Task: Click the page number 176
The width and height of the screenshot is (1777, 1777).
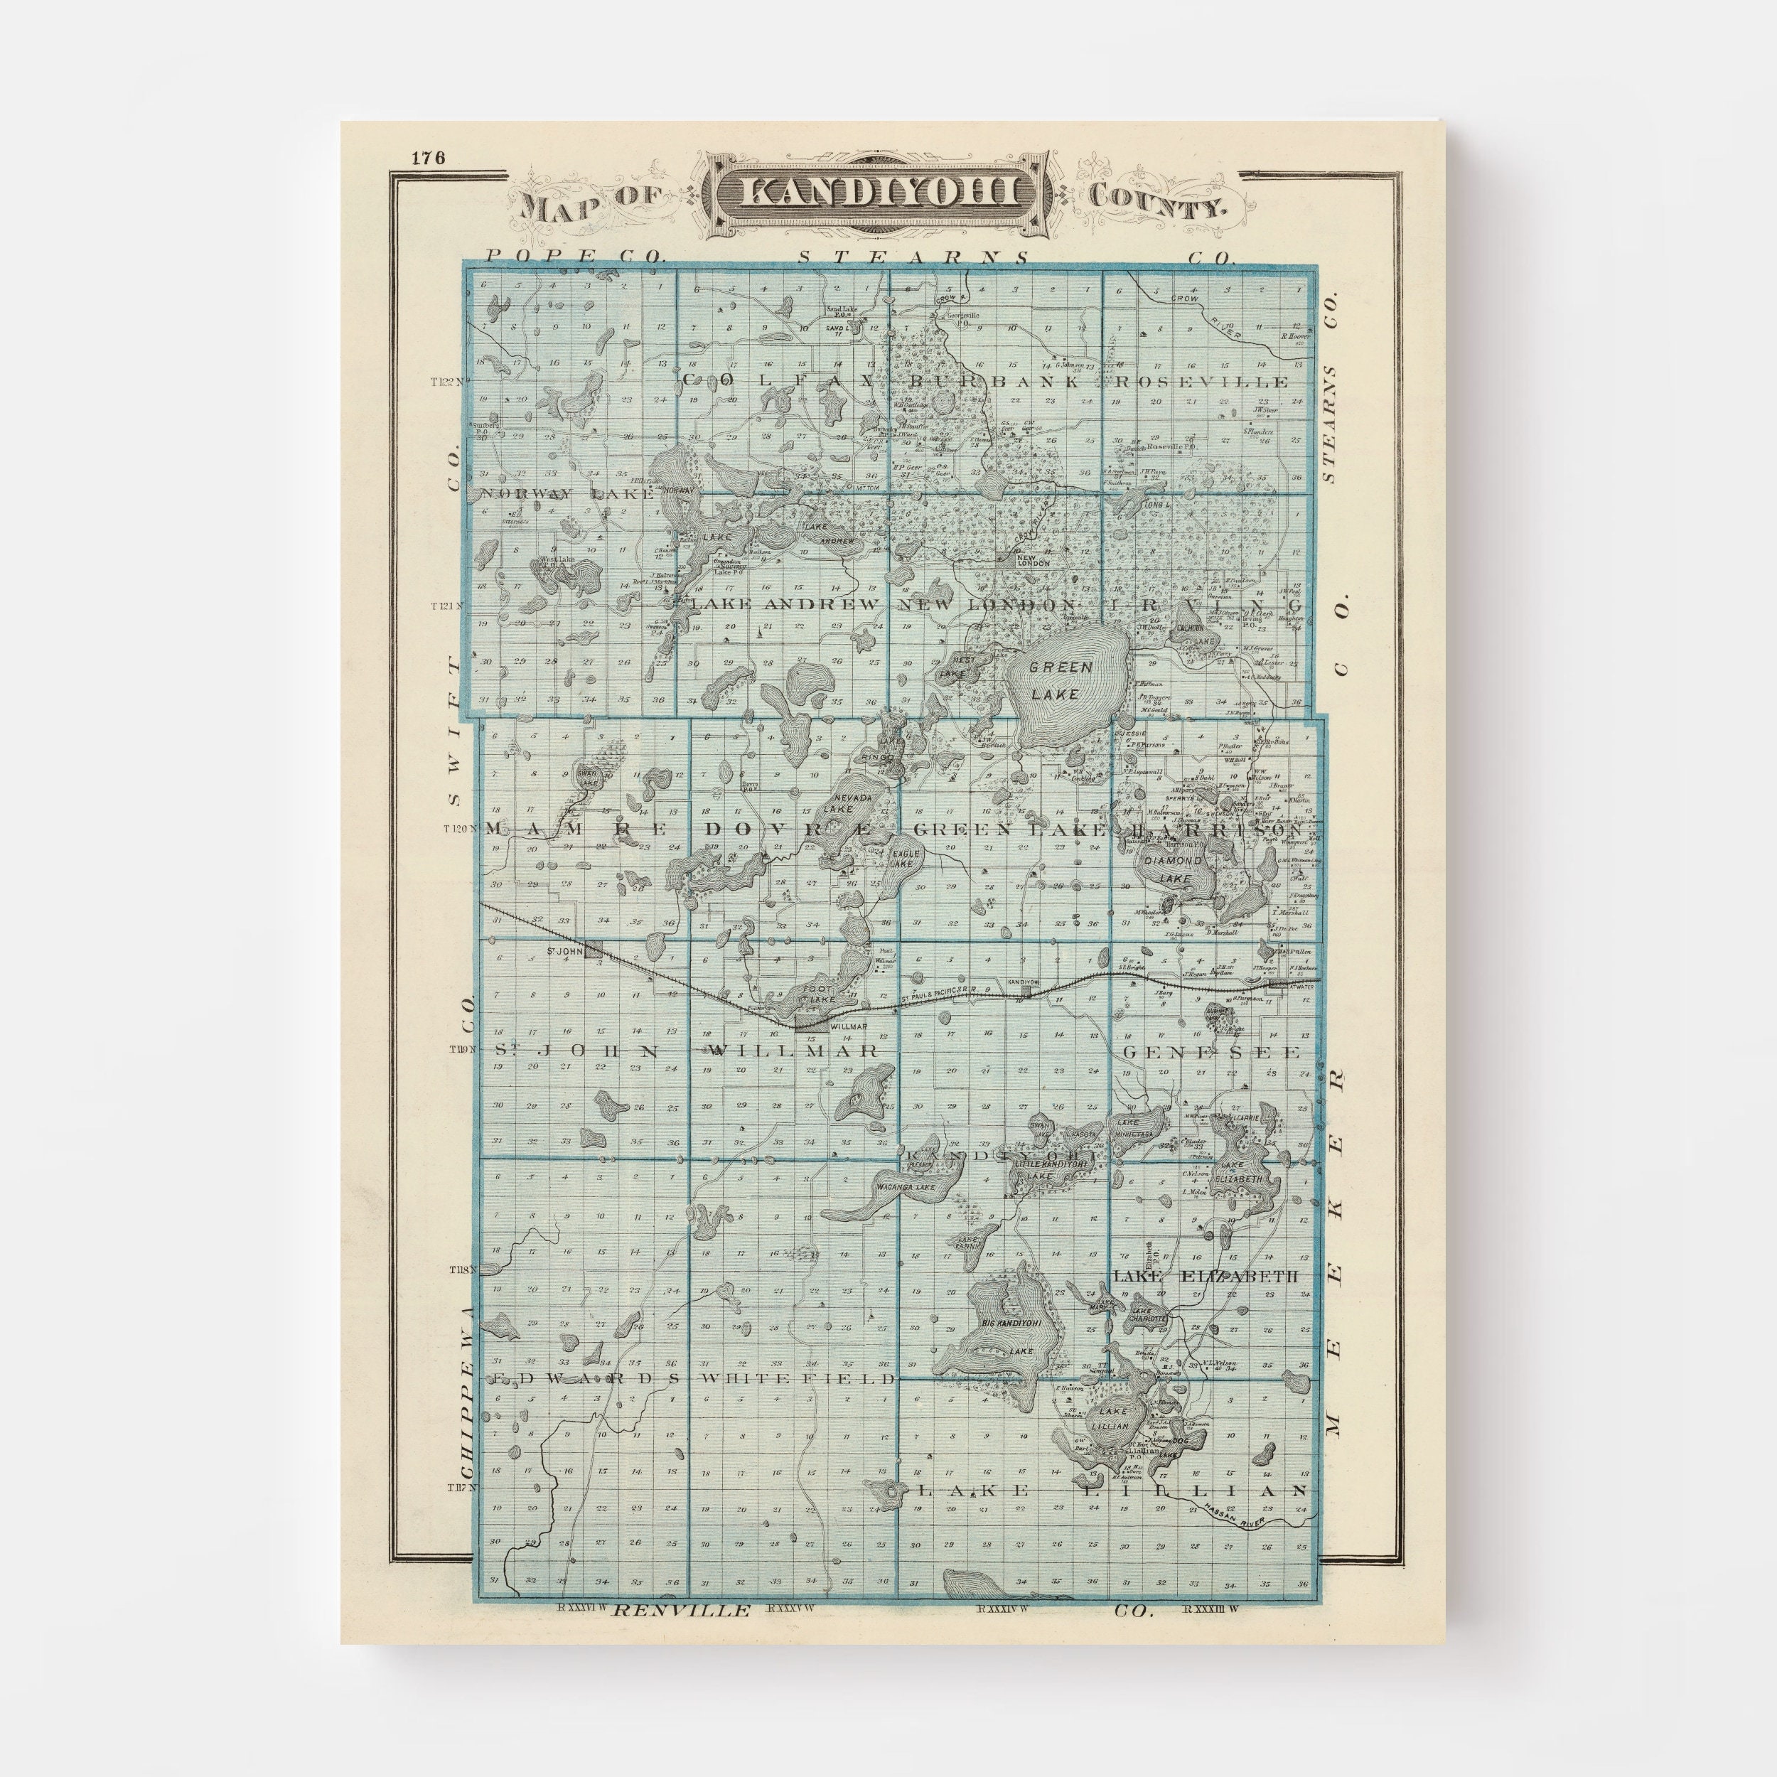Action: tap(429, 157)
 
